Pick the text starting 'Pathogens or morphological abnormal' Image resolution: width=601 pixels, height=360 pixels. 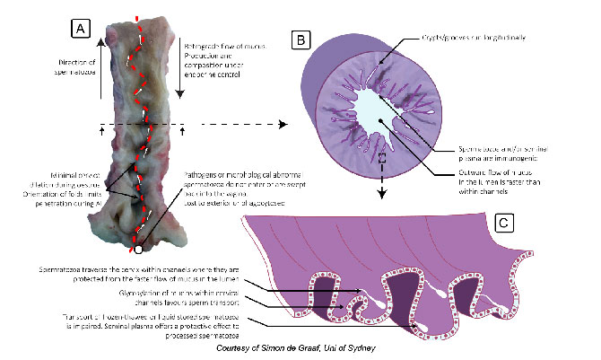click(x=215, y=175)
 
